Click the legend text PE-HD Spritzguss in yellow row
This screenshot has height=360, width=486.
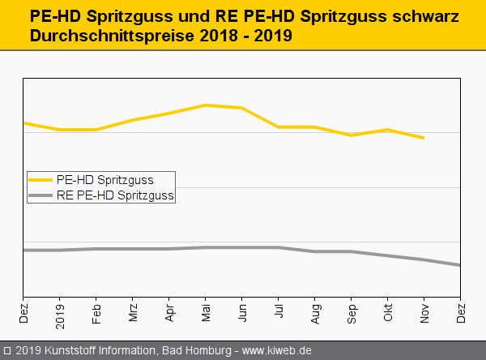105,179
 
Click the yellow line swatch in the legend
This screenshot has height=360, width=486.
40,179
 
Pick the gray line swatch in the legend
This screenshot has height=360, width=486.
40,195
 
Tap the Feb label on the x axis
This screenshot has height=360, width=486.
96,314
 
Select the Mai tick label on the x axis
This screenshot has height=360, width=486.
206,314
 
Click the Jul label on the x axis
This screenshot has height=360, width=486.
279,312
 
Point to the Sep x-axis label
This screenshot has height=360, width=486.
352,314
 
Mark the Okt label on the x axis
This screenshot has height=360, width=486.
388,313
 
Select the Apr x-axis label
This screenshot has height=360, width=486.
169,313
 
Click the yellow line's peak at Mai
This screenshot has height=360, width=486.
206,105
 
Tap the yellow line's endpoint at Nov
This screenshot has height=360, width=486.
424,138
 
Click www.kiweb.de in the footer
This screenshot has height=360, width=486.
277,351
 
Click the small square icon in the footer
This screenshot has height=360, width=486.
6,351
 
